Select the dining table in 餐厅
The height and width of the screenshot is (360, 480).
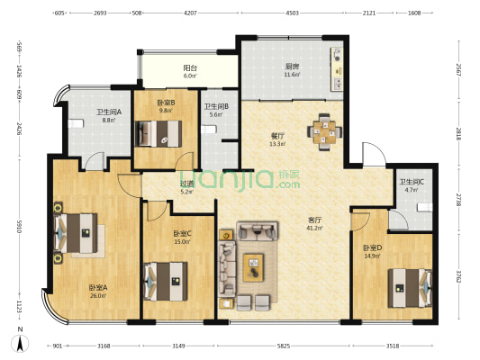[324, 130]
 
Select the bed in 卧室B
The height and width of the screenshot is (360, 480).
[159, 134]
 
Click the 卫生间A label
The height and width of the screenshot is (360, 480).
[108, 112]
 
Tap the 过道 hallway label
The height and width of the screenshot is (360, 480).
[186, 182]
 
